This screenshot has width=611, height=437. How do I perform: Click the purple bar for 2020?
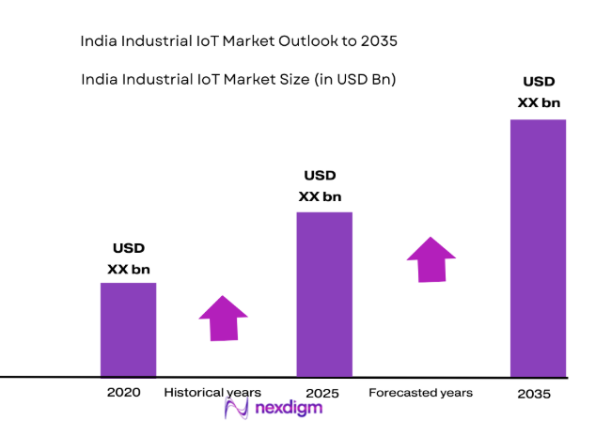128,329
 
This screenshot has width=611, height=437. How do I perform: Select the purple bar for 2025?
324,294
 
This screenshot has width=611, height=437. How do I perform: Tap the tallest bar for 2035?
538,248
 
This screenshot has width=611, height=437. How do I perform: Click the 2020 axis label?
124,392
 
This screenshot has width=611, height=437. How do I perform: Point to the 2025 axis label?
322,393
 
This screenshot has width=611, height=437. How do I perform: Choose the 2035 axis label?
534,395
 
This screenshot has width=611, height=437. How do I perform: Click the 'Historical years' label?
212,392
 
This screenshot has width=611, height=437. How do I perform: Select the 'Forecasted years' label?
420,392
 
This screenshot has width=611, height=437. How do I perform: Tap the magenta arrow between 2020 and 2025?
223,318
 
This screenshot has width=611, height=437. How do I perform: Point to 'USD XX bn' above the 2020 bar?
129,259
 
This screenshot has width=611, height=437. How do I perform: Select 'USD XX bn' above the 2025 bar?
320,186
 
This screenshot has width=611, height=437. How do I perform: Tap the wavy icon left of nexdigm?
237,409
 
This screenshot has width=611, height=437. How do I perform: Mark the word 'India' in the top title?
100,42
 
